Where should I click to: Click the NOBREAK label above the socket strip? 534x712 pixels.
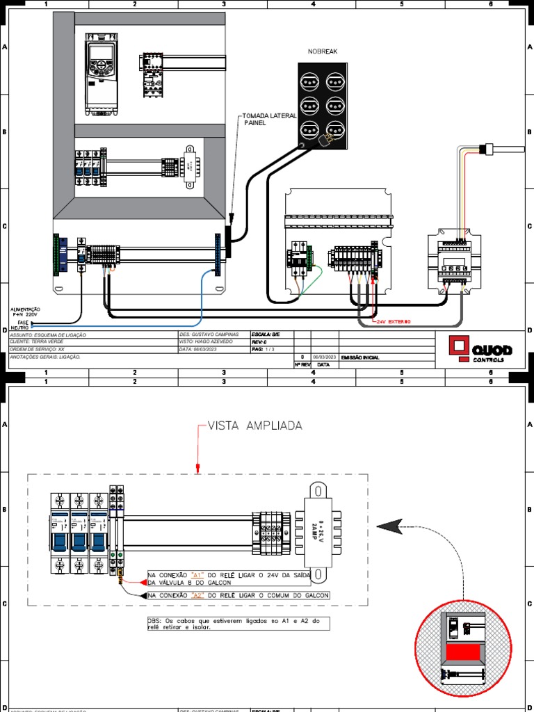pyautogui.click(x=323, y=51)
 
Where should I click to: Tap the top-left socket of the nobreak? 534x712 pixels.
pyautogui.click(x=309, y=80)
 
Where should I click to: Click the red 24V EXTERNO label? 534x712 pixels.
pyautogui.click(x=394, y=322)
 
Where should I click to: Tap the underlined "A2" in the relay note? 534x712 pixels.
pyautogui.click(x=197, y=596)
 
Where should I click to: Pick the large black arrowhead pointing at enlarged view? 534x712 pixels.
pyautogui.click(x=391, y=526)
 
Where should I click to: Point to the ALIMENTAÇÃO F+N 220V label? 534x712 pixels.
pyautogui.click(x=26, y=312)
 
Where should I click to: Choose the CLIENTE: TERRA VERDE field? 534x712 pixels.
pyautogui.click(x=42, y=342)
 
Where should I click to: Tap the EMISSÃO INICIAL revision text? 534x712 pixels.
pyautogui.click(x=361, y=357)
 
